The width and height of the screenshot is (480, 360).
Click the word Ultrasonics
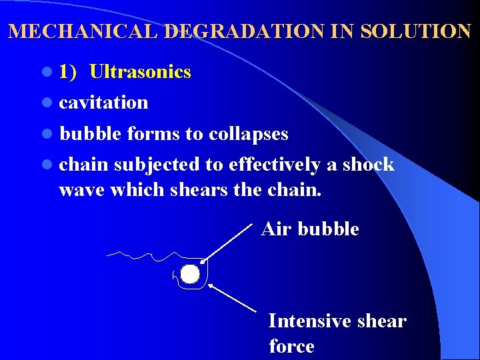(140, 72)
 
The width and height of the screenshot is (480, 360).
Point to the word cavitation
(103, 103)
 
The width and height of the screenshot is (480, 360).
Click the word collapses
(248, 134)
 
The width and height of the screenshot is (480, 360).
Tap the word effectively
(274, 165)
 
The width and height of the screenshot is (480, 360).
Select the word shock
(368, 165)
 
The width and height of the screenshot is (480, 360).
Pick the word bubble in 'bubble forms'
(90, 134)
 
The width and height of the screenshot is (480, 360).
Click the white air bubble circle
(190, 274)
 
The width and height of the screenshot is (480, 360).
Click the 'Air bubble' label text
(310, 229)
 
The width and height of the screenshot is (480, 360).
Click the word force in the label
(291, 347)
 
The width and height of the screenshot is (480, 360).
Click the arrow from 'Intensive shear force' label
(233, 298)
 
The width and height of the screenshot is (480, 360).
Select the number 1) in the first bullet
(67, 72)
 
